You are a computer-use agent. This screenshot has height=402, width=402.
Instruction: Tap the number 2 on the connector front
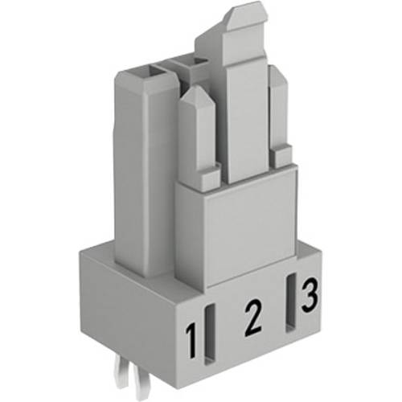click(x=252, y=318)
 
